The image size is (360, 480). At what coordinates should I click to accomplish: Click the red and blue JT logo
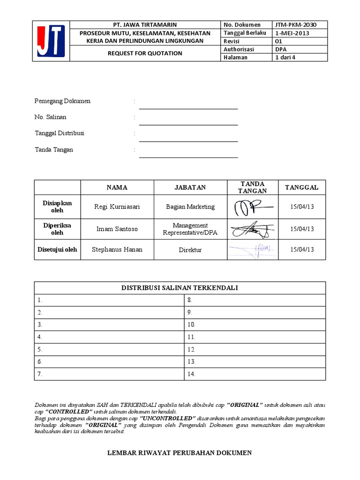(x=51, y=41)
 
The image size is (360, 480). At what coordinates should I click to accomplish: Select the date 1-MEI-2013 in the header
(x=292, y=33)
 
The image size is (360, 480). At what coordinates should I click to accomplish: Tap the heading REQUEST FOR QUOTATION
(x=145, y=53)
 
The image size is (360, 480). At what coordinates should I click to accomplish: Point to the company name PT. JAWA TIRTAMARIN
(x=145, y=25)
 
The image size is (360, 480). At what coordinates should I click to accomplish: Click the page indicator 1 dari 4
(x=286, y=57)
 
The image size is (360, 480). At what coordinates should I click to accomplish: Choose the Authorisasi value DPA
(x=281, y=49)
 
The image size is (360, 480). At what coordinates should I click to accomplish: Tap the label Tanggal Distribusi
(x=60, y=133)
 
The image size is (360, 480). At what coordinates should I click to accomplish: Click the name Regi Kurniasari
(x=117, y=207)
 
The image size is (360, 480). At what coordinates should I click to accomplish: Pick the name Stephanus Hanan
(x=117, y=250)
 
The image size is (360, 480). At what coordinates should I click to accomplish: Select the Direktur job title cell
(x=190, y=250)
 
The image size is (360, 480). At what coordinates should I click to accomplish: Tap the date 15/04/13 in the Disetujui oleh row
(x=302, y=250)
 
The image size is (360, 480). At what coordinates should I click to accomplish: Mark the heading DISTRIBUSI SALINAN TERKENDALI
(x=180, y=288)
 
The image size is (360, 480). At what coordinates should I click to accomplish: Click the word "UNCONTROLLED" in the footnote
(x=166, y=418)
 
